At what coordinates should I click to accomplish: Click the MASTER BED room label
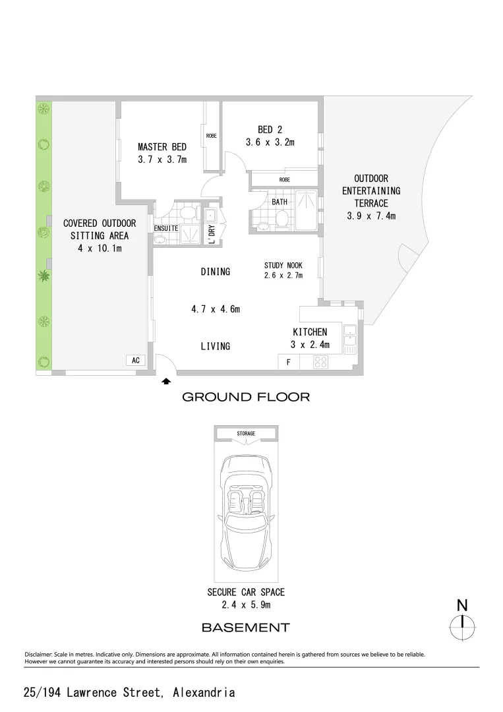pyautogui.click(x=162, y=147)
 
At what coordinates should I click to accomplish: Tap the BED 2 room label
pyautogui.click(x=270, y=130)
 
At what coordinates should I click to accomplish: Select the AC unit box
pyautogui.click(x=136, y=361)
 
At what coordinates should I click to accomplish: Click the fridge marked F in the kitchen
pyautogui.click(x=288, y=362)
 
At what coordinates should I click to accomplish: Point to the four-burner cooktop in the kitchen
pyautogui.click(x=321, y=362)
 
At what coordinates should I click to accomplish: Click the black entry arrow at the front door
pyautogui.click(x=166, y=380)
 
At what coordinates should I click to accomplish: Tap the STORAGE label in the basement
pyautogui.click(x=246, y=434)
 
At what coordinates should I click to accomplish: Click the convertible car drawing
pyautogui.click(x=246, y=510)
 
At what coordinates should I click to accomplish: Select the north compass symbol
pyautogui.click(x=463, y=622)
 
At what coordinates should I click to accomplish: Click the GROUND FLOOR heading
pyautogui.click(x=245, y=397)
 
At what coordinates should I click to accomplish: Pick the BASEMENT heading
pyautogui.click(x=245, y=627)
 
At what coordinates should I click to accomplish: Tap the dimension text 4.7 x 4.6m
pyautogui.click(x=215, y=309)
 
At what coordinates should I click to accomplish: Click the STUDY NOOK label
pyautogui.click(x=283, y=266)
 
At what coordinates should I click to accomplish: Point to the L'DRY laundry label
pyautogui.click(x=212, y=232)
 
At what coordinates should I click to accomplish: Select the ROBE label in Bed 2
pyautogui.click(x=284, y=179)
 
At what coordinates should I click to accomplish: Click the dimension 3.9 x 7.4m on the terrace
pyautogui.click(x=370, y=216)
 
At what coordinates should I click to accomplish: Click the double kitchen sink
pyautogui.click(x=350, y=336)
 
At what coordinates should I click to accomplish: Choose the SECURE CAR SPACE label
pyautogui.click(x=246, y=593)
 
